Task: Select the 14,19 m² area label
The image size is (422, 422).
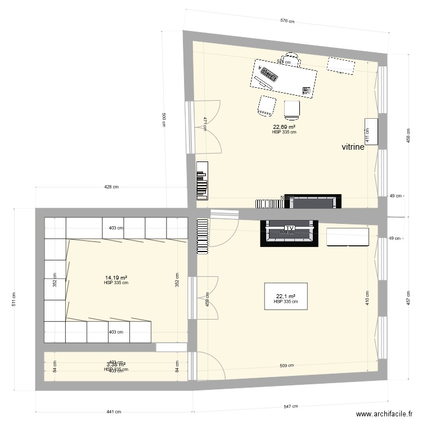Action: point(116,277)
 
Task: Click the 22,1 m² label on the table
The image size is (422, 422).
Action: point(286,297)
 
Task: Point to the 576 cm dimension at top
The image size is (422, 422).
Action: point(288,21)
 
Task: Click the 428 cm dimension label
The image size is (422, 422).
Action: point(111,187)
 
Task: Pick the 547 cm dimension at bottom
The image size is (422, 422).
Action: point(290,405)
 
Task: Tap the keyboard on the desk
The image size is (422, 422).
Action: point(268,74)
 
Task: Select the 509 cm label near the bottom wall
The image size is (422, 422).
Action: point(287,366)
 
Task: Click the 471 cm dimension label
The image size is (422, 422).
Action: point(206,123)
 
